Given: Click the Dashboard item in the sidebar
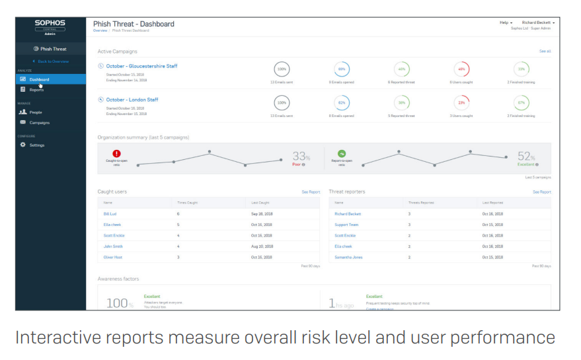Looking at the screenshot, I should pyautogui.click(x=39, y=79).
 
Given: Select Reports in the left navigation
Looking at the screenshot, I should pyautogui.click(x=36, y=90).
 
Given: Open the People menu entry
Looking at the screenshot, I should pyautogui.click(x=35, y=112).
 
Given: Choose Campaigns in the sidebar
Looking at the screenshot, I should pyautogui.click(x=39, y=123).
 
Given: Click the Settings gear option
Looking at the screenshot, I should pyautogui.click(x=36, y=145).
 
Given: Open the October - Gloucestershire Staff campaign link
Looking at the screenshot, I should pyautogui.click(x=141, y=66).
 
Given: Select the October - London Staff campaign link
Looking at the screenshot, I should pyautogui.click(x=132, y=100).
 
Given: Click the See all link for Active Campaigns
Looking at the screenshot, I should pyautogui.click(x=545, y=51).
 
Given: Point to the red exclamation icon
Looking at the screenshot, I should pyautogui.click(x=116, y=153).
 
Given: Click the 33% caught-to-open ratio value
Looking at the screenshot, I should pyautogui.click(x=301, y=157).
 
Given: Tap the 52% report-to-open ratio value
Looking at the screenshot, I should pyautogui.click(x=525, y=157).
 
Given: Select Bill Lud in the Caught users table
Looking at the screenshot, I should pyautogui.click(x=110, y=214).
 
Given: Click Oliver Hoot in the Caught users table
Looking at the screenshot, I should pyautogui.click(x=113, y=257).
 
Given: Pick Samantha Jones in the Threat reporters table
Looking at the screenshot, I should pyautogui.click(x=348, y=257).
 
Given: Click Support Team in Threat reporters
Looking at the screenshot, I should pyautogui.click(x=346, y=225).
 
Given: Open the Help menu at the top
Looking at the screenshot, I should pyautogui.click(x=506, y=22).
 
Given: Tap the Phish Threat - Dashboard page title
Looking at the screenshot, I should pyautogui.click(x=134, y=24).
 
